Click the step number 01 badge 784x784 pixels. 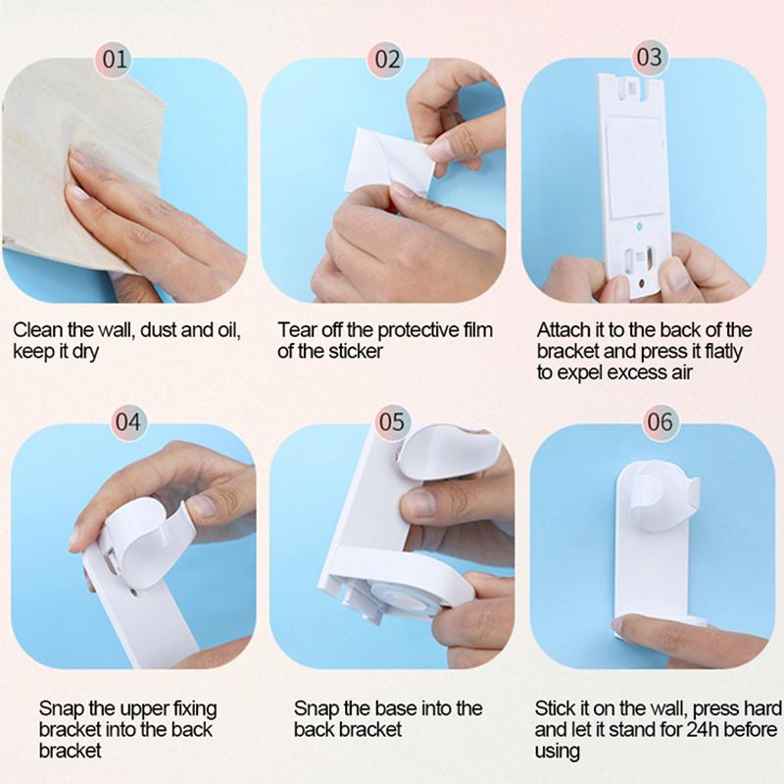[x=116, y=59]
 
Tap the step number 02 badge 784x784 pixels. [x=389, y=59]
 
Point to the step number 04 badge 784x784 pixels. [x=128, y=423]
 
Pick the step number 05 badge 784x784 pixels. [x=391, y=422]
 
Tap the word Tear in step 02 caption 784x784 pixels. [x=296, y=330]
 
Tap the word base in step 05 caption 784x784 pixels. [x=407, y=708]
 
